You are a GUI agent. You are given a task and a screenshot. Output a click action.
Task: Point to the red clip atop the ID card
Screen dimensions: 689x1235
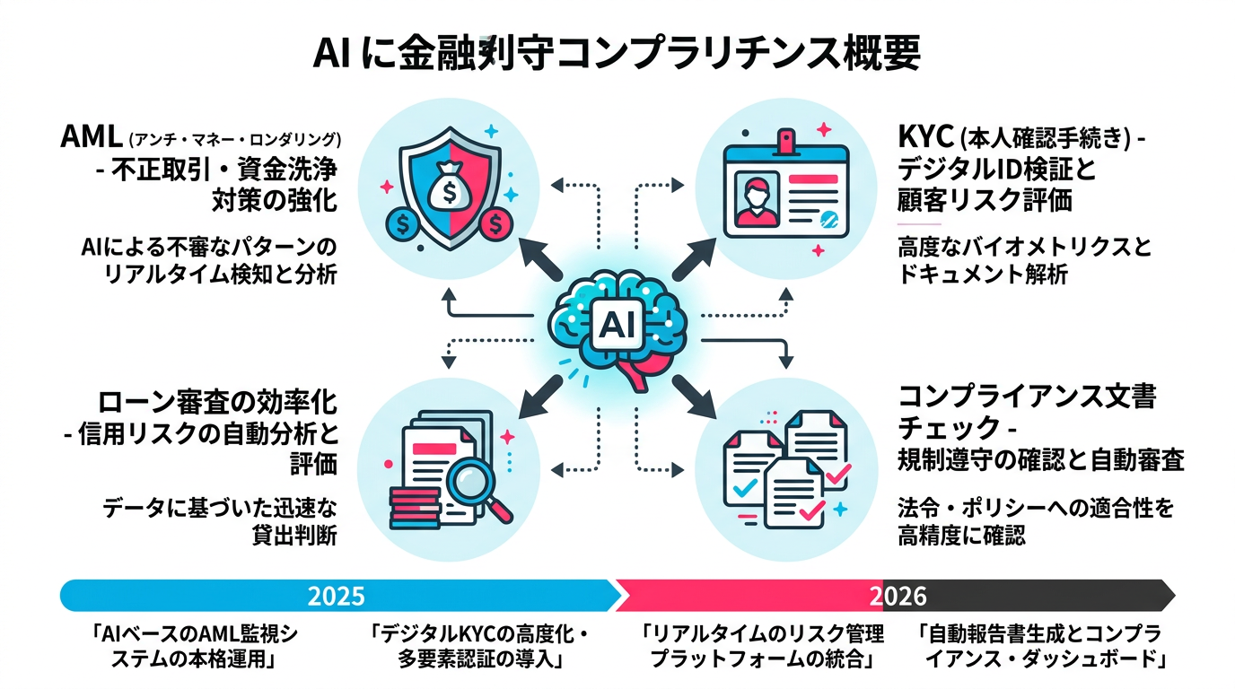pyautogui.click(x=787, y=140)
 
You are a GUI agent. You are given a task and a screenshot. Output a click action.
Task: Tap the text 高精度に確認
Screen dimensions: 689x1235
pyautogui.click(x=961, y=536)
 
